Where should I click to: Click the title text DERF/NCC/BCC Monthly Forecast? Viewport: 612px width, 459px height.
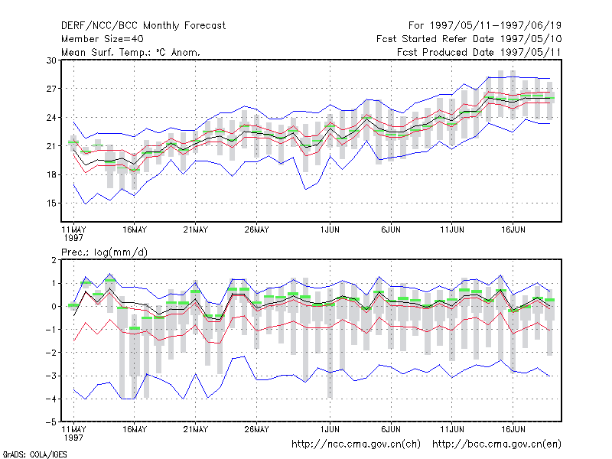(x=143, y=26)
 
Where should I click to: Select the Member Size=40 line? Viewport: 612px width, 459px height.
(x=103, y=39)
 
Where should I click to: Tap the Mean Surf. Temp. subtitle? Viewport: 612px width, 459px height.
(x=131, y=52)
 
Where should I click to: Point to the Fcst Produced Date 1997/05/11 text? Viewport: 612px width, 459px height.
(x=480, y=52)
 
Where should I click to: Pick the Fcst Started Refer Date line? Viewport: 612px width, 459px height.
(x=469, y=39)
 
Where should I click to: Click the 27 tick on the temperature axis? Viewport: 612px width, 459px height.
(x=51, y=89)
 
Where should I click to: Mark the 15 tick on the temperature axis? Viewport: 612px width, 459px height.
(x=51, y=203)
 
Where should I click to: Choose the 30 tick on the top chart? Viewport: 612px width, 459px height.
(x=51, y=60)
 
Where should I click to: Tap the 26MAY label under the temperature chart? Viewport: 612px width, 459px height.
(x=256, y=230)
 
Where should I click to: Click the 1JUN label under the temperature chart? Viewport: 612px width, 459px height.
(x=330, y=230)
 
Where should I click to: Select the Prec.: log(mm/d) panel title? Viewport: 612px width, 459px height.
(x=105, y=252)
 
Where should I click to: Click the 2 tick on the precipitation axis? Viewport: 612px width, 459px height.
(x=54, y=260)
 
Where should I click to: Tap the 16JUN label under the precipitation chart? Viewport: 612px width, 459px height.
(x=513, y=429)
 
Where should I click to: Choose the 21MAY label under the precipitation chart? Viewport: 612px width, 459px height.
(x=196, y=429)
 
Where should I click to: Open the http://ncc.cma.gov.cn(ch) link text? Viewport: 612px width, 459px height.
(x=356, y=444)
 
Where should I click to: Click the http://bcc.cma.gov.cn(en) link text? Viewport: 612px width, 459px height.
(x=496, y=444)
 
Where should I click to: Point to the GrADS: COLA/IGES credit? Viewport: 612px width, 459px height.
(x=34, y=454)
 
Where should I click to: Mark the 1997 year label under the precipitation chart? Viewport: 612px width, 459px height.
(x=73, y=438)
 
